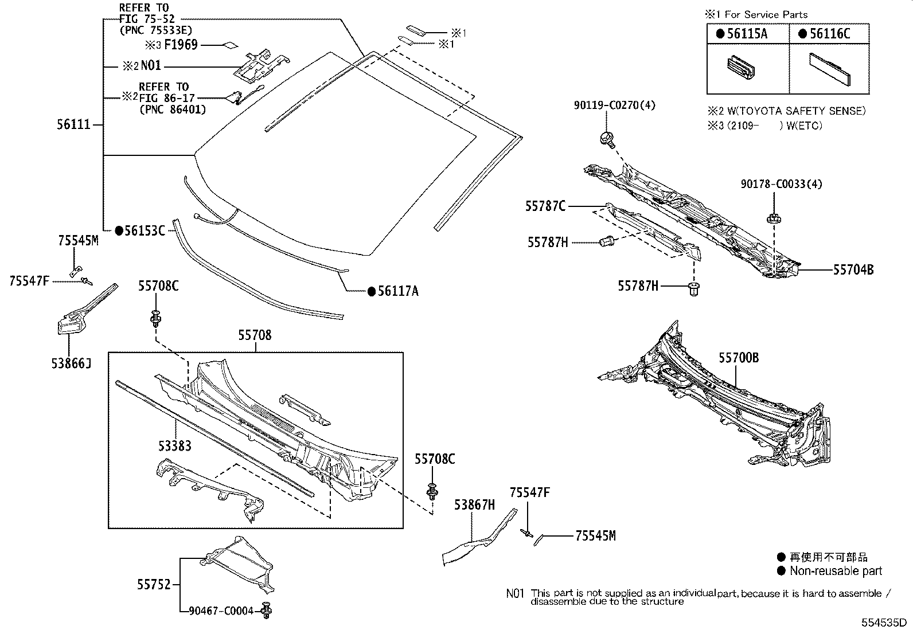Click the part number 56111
point(74,124)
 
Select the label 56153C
point(145,231)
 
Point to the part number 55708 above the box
point(255,335)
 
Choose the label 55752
point(154,585)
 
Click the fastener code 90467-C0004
point(221,612)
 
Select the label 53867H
point(474,505)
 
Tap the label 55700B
point(739,358)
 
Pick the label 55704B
point(853,269)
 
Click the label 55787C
point(545,206)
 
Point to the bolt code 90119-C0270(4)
point(614,105)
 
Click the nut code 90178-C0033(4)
point(773,185)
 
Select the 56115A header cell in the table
point(747,34)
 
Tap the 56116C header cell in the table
point(830,34)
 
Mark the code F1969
point(181,45)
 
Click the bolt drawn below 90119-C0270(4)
point(606,138)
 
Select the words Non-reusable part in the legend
point(836,571)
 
